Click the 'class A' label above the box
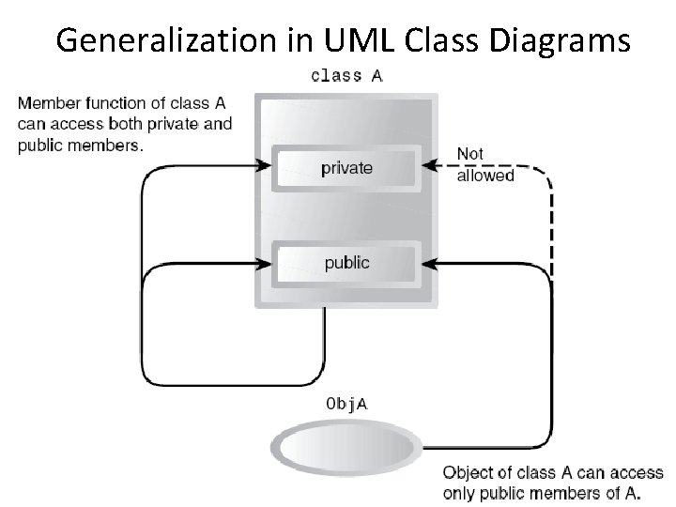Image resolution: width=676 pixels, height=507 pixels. (346, 76)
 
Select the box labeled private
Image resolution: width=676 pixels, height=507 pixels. (346, 168)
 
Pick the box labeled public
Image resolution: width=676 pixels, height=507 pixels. (346, 263)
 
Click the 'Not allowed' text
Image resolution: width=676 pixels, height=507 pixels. (484, 164)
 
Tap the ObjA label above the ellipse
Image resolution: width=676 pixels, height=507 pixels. (346, 405)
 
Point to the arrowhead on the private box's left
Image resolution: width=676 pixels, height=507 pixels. (264, 167)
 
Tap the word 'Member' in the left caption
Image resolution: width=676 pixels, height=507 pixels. (46, 102)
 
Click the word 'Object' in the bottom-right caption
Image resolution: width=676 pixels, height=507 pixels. (467, 473)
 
